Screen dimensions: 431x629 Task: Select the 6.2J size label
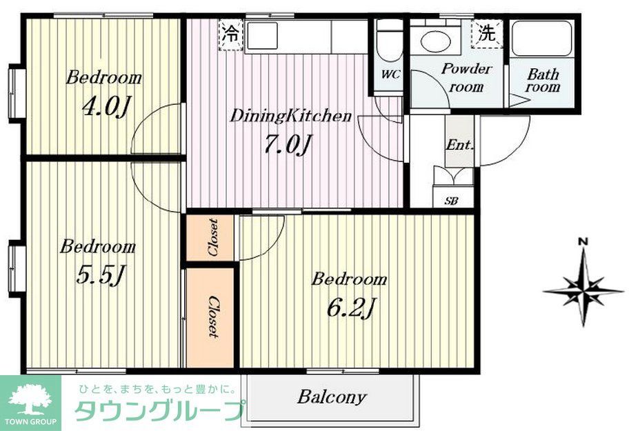click(x=350, y=306)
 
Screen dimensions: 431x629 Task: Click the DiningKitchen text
click(x=290, y=116)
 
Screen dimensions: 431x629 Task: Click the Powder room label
click(x=467, y=78)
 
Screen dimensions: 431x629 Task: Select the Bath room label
click(x=543, y=81)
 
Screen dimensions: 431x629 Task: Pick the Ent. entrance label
click(x=459, y=145)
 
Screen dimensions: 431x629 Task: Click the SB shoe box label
click(x=452, y=201)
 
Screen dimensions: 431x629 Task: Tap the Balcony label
click(x=332, y=397)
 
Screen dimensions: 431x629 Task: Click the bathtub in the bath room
click(x=543, y=39)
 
